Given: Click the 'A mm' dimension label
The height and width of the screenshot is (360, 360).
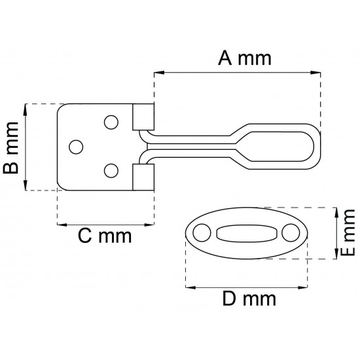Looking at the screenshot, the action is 245,58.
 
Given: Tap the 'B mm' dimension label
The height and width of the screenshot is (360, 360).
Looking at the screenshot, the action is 10,148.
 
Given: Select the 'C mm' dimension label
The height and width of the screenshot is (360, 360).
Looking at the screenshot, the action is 105,236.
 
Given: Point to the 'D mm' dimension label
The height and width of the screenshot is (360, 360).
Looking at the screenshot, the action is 249,298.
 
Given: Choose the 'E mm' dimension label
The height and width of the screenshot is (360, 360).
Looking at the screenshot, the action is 348,232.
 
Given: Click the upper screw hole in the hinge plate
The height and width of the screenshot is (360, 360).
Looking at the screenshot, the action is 111,122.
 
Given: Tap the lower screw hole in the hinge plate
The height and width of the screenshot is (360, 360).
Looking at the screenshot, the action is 111,171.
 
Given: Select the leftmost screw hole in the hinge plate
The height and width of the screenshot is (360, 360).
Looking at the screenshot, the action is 76,147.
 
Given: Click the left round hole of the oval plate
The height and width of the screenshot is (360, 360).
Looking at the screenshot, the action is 202,233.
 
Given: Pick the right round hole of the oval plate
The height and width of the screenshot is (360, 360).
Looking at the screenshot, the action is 291,233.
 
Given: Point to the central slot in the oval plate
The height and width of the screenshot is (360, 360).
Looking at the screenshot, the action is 247,233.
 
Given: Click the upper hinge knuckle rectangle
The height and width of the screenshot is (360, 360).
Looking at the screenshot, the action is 143,117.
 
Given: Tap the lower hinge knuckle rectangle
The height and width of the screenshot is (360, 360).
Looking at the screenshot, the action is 143,177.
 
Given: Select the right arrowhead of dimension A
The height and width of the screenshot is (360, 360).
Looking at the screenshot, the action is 315,73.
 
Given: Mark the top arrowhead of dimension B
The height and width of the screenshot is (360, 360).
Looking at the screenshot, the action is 26,109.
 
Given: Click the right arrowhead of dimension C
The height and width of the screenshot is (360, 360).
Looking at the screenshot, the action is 149,225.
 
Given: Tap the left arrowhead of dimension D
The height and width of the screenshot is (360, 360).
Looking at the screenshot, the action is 190,287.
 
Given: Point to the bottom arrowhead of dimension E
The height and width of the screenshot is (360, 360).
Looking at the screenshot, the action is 336,254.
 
